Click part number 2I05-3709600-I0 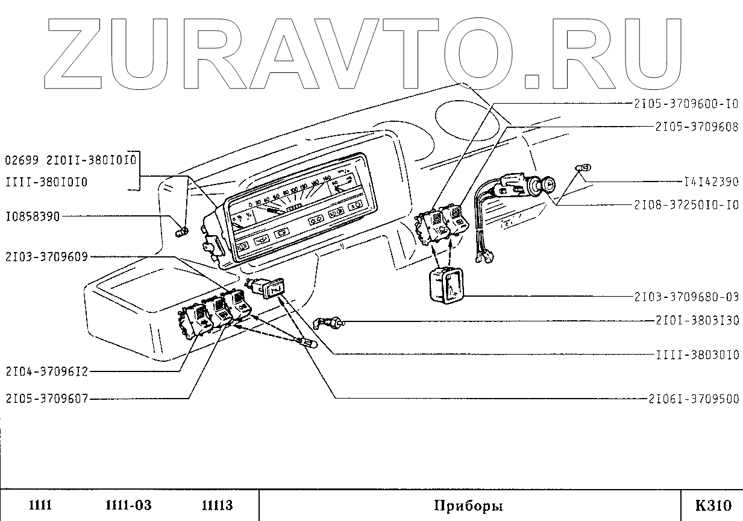[686, 104]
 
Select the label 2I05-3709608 [696, 127]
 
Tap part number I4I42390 [711, 182]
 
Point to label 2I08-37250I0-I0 [686, 205]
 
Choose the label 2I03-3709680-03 [686, 297]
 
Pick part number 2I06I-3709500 [693, 399]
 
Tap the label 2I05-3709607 [46, 398]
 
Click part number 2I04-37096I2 [46, 371]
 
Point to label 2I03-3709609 [46, 257]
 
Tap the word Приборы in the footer [468, 505]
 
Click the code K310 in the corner [713, 505]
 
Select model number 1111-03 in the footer [128, 505]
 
